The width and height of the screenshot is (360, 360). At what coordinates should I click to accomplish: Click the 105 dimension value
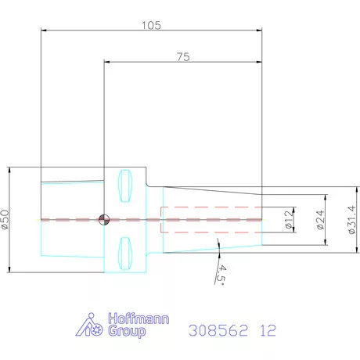[151, 25]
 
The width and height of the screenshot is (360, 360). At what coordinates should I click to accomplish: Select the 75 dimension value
[183, 57]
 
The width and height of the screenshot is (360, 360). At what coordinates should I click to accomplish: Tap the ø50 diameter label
[5, 220]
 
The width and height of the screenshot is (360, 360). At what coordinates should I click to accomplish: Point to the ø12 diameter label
[289, 220]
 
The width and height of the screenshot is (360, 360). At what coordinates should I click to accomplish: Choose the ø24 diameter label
[320, 220]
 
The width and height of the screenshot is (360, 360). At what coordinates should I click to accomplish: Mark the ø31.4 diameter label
[352, 220]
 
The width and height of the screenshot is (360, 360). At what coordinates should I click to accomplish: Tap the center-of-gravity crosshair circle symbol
[104, 220]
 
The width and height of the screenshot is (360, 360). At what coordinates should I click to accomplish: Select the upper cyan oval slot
[125, 185]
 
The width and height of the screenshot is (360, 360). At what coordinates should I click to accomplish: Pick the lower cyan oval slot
[125, 254]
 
